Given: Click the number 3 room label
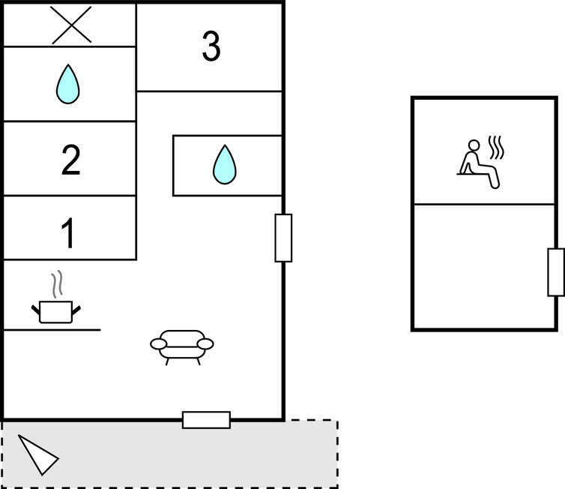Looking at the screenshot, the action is point(211,46).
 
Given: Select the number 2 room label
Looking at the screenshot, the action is point(70,160).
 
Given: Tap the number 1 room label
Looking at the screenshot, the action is point(67,233).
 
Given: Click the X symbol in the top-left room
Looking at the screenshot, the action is point(70,25).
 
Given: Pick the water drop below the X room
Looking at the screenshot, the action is point(67,84).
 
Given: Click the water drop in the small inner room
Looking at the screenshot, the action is point(225,164).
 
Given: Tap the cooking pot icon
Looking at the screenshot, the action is point(56,311).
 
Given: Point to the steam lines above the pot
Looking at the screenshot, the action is point(57,284).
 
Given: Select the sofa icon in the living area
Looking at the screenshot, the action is point(182,347).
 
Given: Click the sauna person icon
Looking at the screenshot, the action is point(479,164).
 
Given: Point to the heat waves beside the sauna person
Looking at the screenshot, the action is point(496,147).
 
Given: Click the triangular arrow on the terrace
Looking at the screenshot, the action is point(37,454).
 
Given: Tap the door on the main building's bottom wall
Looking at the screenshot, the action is point(207,420).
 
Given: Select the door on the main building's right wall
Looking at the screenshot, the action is point(283,238).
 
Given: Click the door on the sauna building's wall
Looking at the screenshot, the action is point(556,272).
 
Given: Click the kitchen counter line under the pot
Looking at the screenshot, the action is point(52,329).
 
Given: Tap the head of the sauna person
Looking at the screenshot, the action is point(474,145).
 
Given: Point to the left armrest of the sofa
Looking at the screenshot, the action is point(159,344).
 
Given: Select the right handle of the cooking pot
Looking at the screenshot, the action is point(76,310).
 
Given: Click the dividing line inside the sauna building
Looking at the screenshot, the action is point(484,204).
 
